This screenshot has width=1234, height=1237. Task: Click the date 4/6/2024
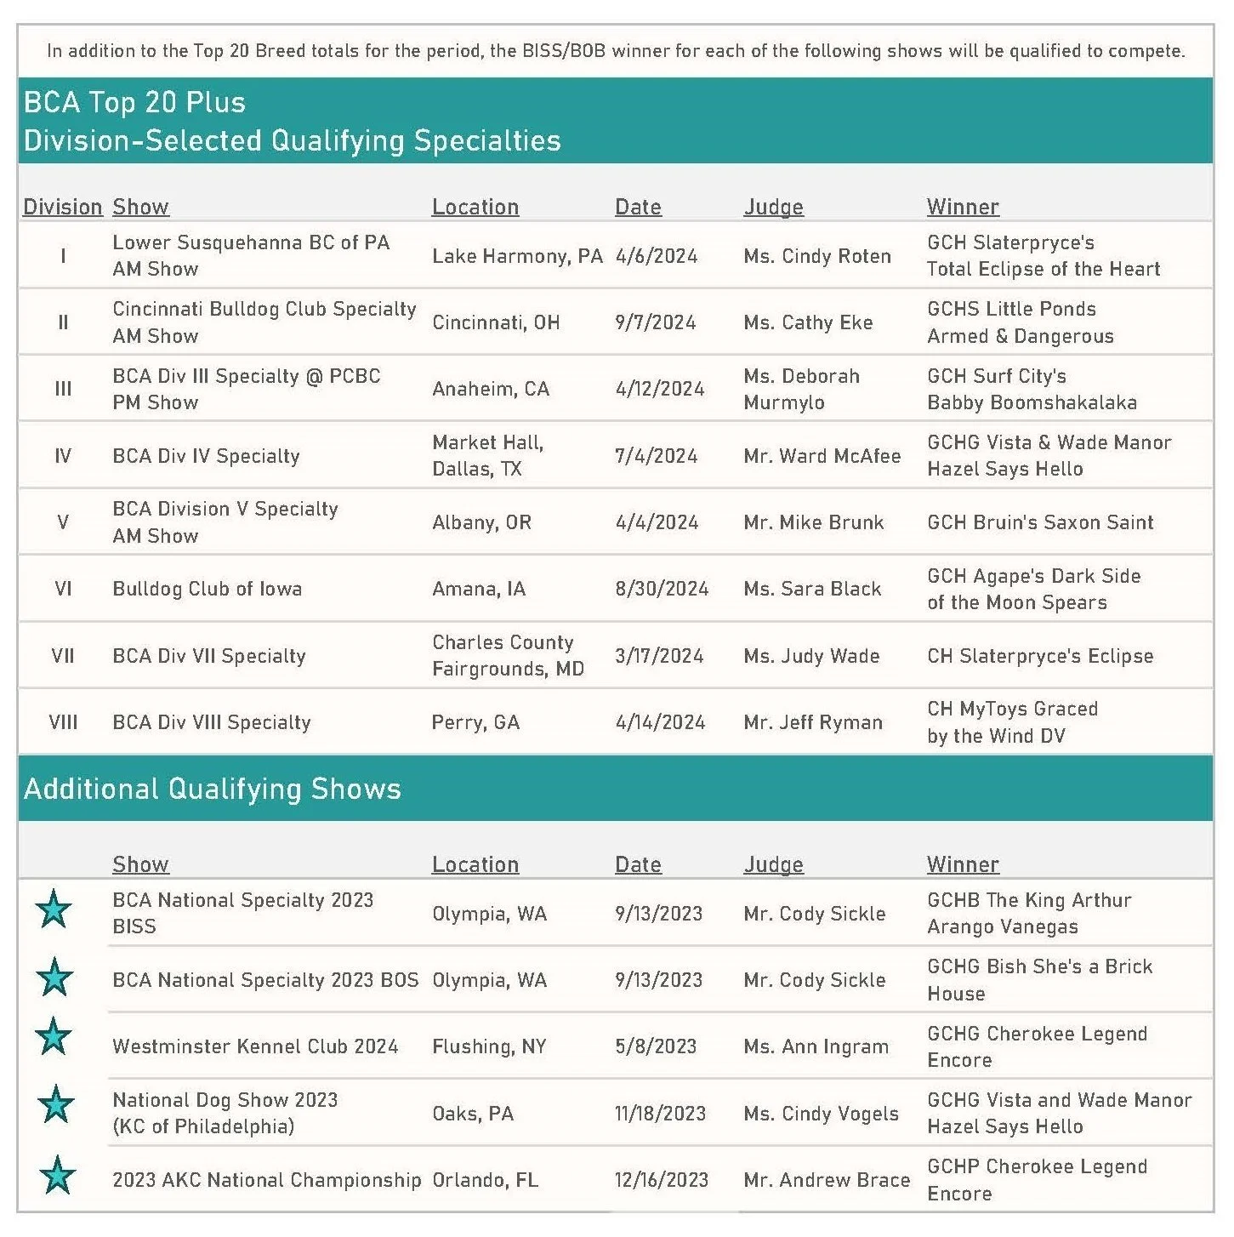(656, 256)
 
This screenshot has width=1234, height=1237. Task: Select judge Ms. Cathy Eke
(808, 322)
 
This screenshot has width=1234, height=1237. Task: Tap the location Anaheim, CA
(491, 389)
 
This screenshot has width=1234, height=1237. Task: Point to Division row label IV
(63, 456)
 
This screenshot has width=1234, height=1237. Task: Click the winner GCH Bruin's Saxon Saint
(1040, 522)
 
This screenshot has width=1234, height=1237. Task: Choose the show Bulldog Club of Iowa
(207, 589)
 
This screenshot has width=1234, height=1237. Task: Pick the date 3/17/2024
(659, 656)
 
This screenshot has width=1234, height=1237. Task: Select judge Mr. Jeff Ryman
(813, 722)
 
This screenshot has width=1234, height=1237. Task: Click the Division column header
(62, 207)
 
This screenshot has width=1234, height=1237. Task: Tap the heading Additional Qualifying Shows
(212, 789)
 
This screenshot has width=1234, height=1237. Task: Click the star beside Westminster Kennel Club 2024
(54, 1036)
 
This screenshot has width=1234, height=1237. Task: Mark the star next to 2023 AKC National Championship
(57, 1175)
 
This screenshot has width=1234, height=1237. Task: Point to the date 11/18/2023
(660, 1114)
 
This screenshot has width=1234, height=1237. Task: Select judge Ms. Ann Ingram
(816, 1046)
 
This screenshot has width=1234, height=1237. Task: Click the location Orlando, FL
(485, 1180)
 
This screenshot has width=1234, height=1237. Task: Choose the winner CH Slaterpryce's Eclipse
(1040, 656)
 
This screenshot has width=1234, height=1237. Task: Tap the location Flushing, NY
(489, 1046)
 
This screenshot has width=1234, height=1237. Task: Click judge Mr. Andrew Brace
(827, 1180)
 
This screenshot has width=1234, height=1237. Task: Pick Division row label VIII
(63, 722)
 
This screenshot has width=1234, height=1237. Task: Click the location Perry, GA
(475, 722)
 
